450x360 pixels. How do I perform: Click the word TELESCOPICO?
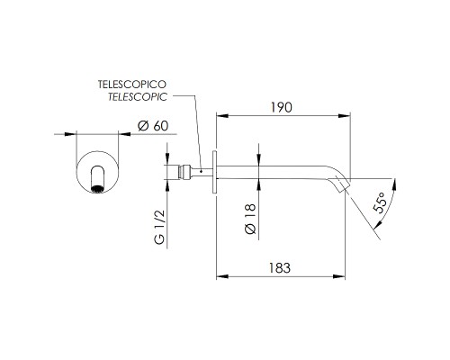click(132, 85)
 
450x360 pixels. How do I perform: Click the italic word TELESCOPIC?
click(138, 97)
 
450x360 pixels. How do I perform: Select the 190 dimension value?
click(281, 107)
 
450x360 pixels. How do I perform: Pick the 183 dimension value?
click(280, 268)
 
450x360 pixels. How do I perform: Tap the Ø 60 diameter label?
click(153, 126)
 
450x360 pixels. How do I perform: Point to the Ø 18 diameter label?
click(250, 219)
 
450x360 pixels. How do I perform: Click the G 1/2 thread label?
click(160, 227)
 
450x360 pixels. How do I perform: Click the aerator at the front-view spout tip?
click(97, 189)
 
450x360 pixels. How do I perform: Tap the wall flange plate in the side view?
click(214, 172)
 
